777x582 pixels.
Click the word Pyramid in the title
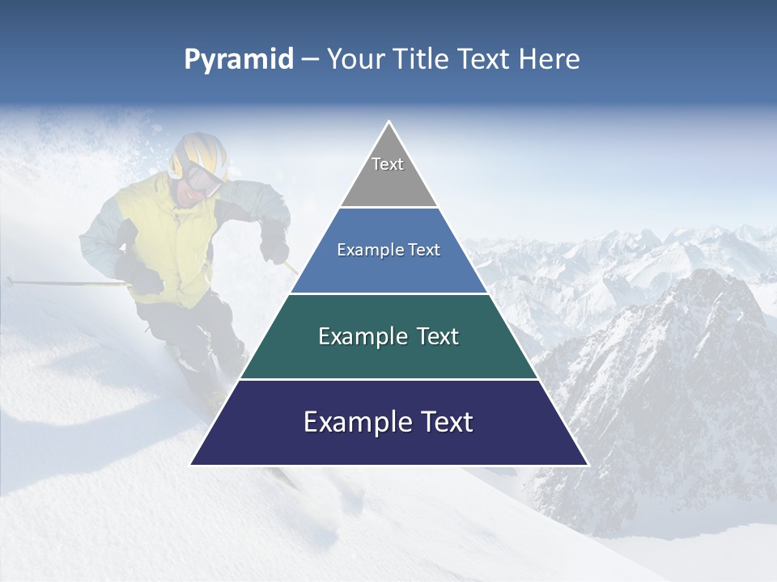tap(238, 60)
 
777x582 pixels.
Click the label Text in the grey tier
tap(388, 164)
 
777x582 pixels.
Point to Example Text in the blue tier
tap(388, 250)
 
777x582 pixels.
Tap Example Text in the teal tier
tap(388, 336)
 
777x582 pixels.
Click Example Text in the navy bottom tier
tap(388, 422)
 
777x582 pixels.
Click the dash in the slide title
tap(310, 60)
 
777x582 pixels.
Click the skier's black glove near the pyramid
tap(276, 247)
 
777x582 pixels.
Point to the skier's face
tap(189, 191)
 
